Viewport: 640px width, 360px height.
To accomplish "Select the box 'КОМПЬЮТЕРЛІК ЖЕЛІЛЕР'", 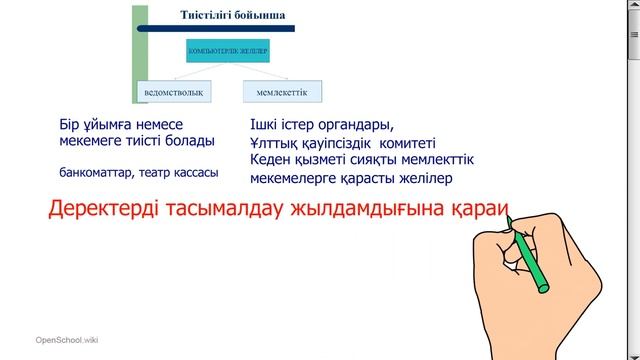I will pos(229,49).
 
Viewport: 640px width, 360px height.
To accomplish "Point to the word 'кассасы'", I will pos(193,172).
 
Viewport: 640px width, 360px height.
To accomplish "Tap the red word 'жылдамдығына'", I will pos(368,212).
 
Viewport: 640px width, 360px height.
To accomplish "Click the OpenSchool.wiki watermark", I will pos(65,341).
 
